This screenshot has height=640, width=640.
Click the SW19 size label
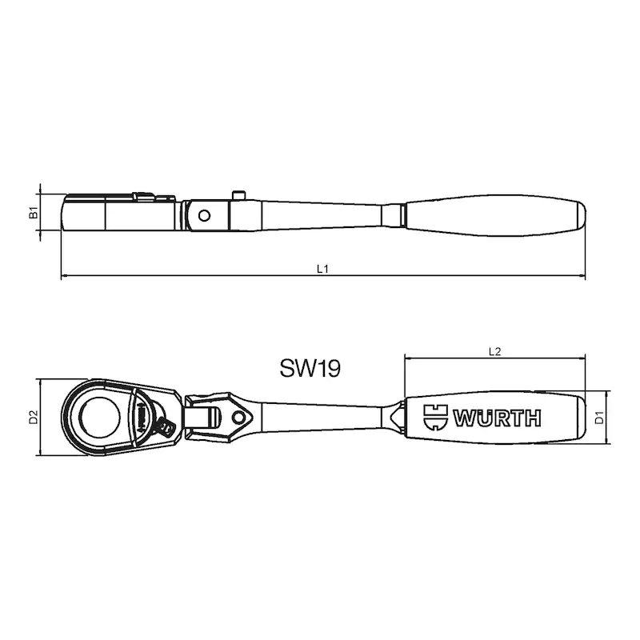tap(310, 368)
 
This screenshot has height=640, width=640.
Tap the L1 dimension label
tap(322, 269)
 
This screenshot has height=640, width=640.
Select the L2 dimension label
tap(494, 351)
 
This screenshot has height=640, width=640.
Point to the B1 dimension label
tap(34, 212)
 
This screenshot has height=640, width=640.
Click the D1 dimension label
tap(599, 418)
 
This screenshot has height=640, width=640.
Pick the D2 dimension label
tap(33, 417)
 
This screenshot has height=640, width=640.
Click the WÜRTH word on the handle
tap(497, 418)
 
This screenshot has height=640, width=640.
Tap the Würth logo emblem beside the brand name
tap(435, 417)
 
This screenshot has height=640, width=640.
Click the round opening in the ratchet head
tap(100, 417)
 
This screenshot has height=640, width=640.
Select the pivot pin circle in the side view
tap(204, 215)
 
